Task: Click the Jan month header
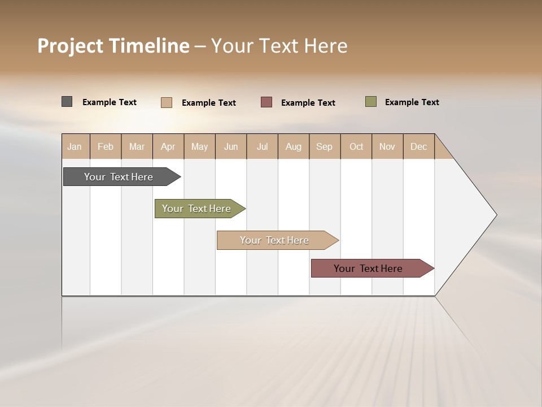75,146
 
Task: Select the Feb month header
106,146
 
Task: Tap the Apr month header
168,146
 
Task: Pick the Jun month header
231,146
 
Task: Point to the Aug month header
294,146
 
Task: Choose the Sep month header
325,146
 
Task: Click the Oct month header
356,146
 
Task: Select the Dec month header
419,146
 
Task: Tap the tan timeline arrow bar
275,240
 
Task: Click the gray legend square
67,102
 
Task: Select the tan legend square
167,102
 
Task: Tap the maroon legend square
266,102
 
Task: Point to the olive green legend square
371,102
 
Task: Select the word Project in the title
70,46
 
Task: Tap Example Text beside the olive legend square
412,102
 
